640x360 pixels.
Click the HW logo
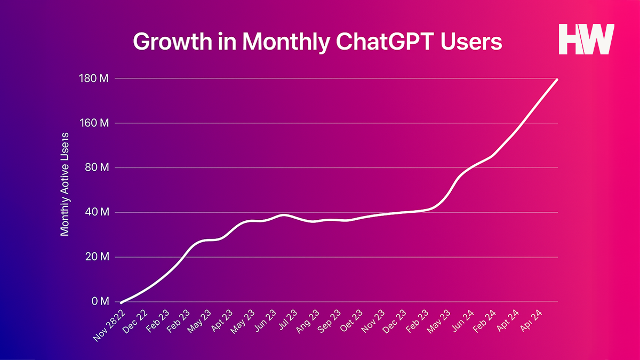[x=586, y=39]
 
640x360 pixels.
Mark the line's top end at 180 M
[x=557, y=79]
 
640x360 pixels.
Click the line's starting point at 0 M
[x=122, y=302]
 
